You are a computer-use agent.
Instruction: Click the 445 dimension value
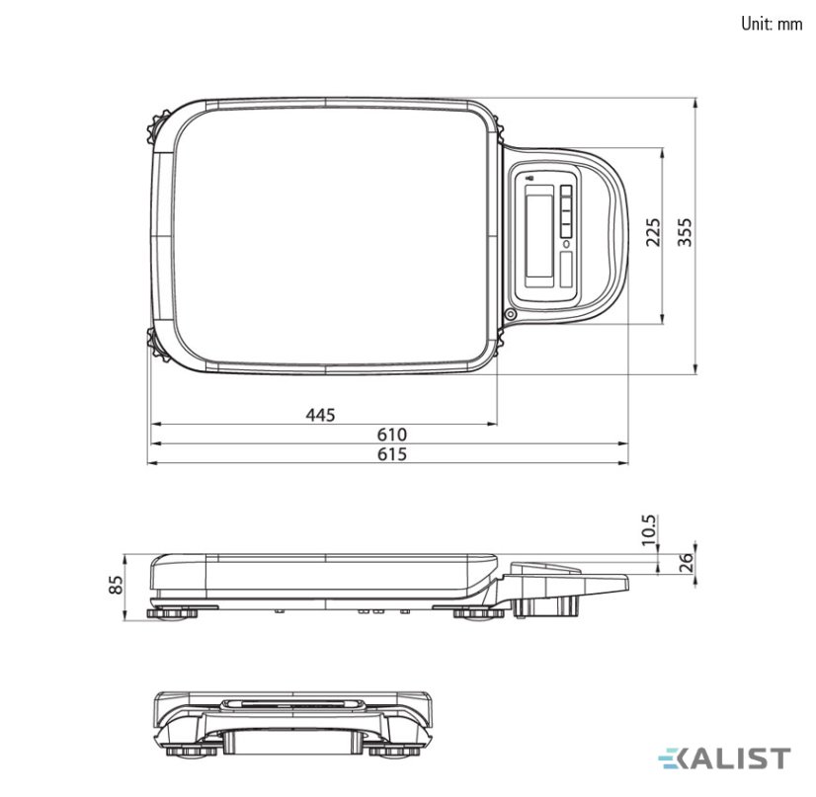point(320,415)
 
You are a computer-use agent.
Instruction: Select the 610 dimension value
point(392,434)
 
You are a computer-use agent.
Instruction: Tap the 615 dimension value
point(392,454)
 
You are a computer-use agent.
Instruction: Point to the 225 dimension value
point(653,232)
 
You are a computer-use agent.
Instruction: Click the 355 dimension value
point(686,232)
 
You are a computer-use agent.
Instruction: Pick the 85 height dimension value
point(118,585)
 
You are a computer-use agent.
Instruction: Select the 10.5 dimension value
point(649,529)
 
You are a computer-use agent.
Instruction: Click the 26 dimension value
point(688,562)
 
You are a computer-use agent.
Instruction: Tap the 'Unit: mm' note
point(772,24)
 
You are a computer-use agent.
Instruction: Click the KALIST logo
point(724,758)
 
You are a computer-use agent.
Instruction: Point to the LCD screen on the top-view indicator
point(539,237)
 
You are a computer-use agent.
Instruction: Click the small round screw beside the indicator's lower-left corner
point(510,314)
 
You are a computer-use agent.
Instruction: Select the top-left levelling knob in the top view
point(155,126)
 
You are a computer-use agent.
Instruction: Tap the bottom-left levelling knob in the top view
point(156,344)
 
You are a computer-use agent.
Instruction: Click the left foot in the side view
point(172,614)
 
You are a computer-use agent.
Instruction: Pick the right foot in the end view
point(394,752)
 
